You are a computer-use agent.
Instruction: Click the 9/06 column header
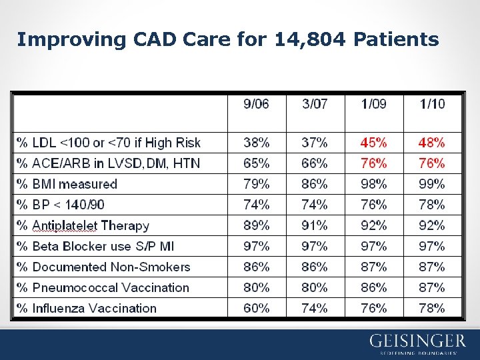pyautogui.click(x=257, y=103)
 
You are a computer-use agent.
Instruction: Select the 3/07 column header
pyautogui.click(x=315, y=103)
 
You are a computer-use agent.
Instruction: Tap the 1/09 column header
pyautogui.click(x=373, y=103)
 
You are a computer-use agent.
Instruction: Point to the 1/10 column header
pyautogui.click(x=432, y=103)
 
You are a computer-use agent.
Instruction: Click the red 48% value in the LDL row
pyautogui.click(x=432, y=143)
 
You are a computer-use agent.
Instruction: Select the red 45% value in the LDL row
pyautogui.click(x=373, y=143)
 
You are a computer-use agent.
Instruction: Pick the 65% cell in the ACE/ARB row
pyautogui.click(x=257, y=163)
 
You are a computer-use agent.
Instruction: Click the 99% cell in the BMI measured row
pyautogui.click(x=432, y=184)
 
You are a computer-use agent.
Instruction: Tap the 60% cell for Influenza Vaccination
pyautogui.click(x=257, y=308)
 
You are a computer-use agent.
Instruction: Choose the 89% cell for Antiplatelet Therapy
pyautogui.click(x=257, y=225)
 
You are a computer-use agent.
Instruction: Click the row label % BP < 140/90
pyautogui.click(x=61, y=205)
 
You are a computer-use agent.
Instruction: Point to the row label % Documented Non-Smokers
pyautogui.click(x=103, y=267)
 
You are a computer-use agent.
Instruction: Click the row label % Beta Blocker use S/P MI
pyautogui.click(x=95, y=246)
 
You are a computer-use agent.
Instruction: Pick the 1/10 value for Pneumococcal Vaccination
pyautogui.click(x=432, y=287)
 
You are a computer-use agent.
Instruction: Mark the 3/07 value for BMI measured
pyautogui.click(x=315, y=184)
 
